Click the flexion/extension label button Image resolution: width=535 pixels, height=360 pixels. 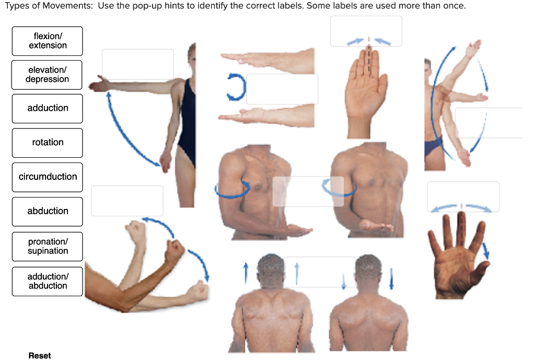click(x=48, y=41)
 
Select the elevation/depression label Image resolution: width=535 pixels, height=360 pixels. click(x=48, y=75)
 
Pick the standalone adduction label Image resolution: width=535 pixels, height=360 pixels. click(x=48, y=108)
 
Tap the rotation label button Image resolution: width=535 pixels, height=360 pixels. click(x=48, y=143)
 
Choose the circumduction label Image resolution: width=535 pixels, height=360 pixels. click(x=48, y=177)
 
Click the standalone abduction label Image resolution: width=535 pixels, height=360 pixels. click(x=48, y=211)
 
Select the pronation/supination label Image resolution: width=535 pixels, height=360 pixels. click(x=48, y=246)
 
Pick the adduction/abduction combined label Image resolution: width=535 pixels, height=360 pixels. click(x=48, y=281)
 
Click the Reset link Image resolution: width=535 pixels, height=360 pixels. click(x=40, y=355)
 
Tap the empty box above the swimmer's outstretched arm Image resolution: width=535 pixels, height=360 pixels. click(x=138, y=64)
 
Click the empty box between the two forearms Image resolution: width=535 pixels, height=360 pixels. click(x=282, y=89)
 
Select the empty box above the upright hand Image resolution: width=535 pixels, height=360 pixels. click(x=366, y=31)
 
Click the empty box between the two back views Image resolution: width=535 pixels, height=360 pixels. click(x=320, y=272)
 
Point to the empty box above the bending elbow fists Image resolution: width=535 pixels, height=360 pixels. click(x=127, y=201)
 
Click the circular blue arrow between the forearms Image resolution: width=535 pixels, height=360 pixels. click(x=236, y=87)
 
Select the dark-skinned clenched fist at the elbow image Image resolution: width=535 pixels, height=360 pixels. click(x=175, y=251)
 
